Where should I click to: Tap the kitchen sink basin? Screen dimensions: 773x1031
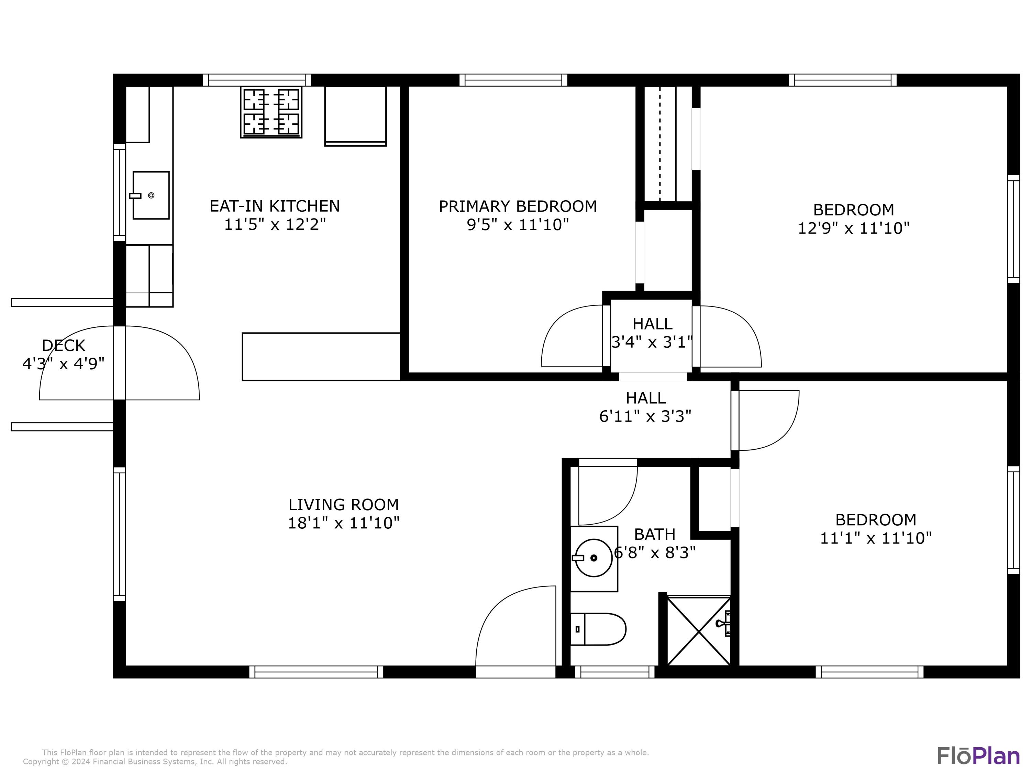(151, 195)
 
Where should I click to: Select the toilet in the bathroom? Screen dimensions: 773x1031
(598, 629)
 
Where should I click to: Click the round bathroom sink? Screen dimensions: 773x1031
(593, 558)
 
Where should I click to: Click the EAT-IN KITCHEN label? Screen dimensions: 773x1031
(275, 206)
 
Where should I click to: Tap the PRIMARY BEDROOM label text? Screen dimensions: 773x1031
(517, 206)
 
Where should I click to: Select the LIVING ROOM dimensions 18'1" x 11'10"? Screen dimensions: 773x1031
(344, 523)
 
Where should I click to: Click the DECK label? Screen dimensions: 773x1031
(63, 345)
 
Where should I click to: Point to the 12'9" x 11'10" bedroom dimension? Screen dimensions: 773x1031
(853, 228)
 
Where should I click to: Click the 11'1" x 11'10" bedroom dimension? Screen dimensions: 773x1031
(875, 538)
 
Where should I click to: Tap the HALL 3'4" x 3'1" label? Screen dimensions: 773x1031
(652, 333)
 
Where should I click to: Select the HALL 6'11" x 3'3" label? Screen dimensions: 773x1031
(645, 407)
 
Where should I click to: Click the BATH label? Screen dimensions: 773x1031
(654, 534)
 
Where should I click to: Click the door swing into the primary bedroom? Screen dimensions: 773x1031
(567, 331)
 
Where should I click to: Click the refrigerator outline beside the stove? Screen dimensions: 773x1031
(355, 115)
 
